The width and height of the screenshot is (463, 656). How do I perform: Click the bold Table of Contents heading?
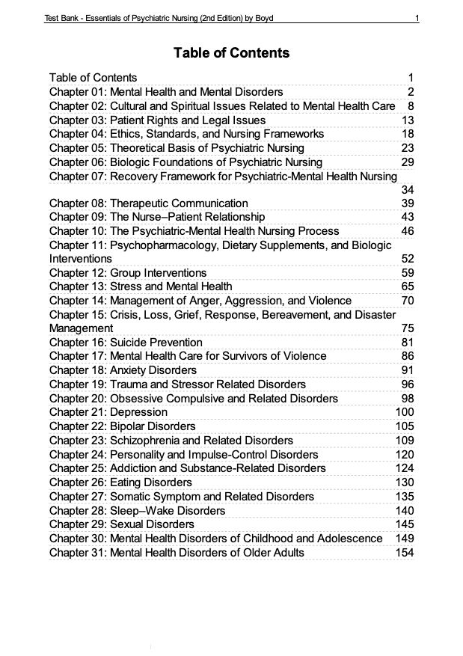(x=231, y=53)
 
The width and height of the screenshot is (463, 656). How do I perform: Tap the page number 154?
(x=405, y=553)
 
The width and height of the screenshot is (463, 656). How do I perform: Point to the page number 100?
(x=405, y=412)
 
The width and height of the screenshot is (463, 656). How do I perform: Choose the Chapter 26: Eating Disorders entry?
(x=120, y=482)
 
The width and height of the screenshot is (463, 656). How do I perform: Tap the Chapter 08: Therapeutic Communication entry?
(x=148, y=203)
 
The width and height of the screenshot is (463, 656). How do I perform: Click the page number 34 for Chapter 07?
(x=408, y=190)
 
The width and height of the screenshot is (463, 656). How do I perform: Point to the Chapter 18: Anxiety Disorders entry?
(x=123, y=370)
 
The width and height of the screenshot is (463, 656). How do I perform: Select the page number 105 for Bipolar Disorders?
(x=405, y=426)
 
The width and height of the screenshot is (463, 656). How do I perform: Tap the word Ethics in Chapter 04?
(x=126, y=133)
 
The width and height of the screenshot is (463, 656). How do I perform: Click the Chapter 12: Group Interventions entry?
(x=128, y=273)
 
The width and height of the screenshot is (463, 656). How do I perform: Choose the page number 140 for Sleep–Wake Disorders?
(x=405, y=511)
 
